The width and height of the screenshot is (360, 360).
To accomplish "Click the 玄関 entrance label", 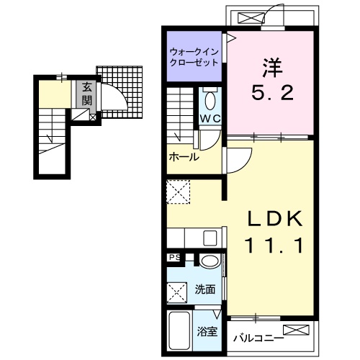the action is pyautogui.click(x=86, y=94).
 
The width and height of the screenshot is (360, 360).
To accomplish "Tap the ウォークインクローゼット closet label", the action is pyautogui.click(x=194, y=58).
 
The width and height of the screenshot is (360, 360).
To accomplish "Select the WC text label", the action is pyautogui.click(x=210, y=118).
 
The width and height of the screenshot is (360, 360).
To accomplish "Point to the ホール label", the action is pyautogui.click(x=184, y=157).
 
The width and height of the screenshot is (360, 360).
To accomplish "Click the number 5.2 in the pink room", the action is pyautogui.click(x=272, y=93).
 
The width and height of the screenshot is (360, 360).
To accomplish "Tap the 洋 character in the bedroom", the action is pyautogui.click(x=272, y=68).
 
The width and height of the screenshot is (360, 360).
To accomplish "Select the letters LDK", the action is pyautogui.click(x=275, y=218).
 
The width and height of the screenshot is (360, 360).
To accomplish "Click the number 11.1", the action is pyautogui.click(x=274, y=246).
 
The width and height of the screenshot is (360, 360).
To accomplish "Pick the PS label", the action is pyautogui.click(x=174, y=258).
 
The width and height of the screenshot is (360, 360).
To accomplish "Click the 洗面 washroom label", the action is pyautogui.click(x=204, y=289).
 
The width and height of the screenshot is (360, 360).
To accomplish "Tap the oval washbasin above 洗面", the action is pyautogui.click(x=210, y=261).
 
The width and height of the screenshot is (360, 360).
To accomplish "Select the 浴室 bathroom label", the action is pyautogui.click(x=207, y=332).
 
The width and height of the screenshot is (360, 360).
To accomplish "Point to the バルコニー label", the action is pyautogui.click(x=258, y=338).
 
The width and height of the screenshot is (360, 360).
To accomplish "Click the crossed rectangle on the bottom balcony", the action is pyautogui.click(x=296, y=330).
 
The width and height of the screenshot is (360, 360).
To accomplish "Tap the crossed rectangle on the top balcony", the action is pyautogui.click(x=251, y=19).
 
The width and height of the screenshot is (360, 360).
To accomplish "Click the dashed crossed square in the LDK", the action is pyautogui.click(x=179, y=192).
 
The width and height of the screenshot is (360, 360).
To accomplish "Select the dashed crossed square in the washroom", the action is pyautogui.click(x=177, y=292).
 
